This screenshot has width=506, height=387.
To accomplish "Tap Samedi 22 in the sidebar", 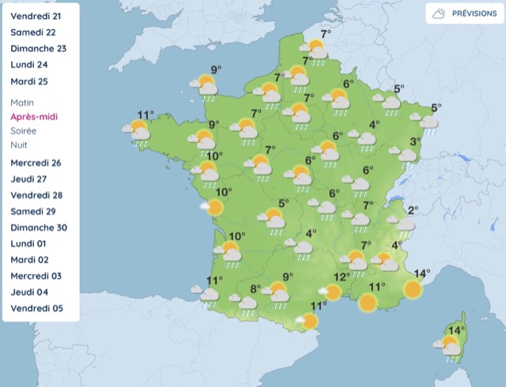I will tap(33, 32).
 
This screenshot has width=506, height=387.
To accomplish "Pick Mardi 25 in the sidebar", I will tap(30, 81).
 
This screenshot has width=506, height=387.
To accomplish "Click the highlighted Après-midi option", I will tap(34, 117).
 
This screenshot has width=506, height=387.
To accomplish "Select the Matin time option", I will tap(23, 103).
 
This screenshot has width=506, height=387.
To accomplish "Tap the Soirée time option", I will tap(24, 131).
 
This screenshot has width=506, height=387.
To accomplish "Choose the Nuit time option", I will tap(19, 145).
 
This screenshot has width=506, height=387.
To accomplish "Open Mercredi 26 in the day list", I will tap(36, 163).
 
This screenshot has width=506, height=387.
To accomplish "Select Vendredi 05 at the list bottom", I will tap(36, 309).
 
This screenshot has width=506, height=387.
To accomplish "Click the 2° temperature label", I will tap(412, 210).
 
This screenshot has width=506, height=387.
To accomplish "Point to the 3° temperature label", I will tap(413, 142).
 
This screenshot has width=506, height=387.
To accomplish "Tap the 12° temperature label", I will tap(341, 277).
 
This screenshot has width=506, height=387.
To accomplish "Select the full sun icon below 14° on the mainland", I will tap(412, 290).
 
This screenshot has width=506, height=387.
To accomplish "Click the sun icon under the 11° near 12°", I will tap(368, 302).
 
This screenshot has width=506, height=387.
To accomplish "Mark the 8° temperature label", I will tap(255, 289).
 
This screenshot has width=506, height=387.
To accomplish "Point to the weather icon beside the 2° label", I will tap(405, 225).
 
